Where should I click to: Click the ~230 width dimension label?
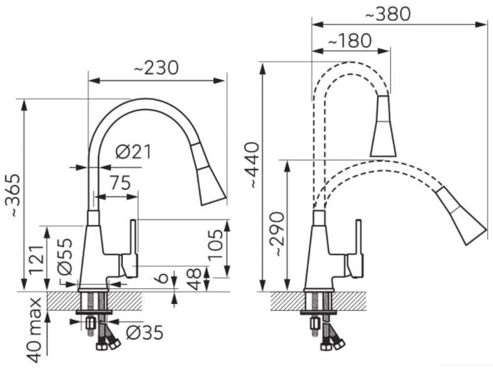156,67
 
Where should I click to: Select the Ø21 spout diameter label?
133,152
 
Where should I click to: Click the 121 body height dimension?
36,260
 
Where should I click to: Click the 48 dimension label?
194,279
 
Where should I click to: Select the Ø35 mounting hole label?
144,333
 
